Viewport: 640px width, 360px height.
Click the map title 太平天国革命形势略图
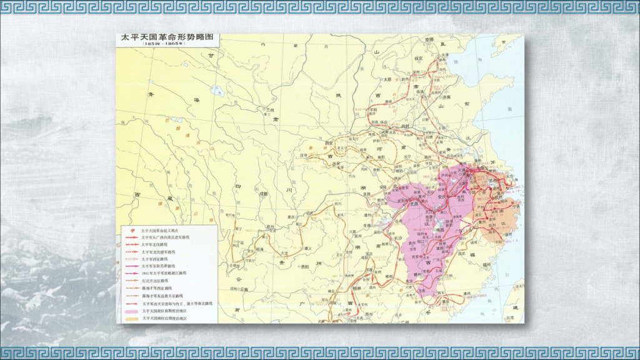point(167,37)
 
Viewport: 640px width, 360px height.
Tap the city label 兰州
point(270,110)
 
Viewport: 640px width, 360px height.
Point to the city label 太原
point(387,79)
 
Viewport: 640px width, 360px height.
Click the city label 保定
point(419,57)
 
